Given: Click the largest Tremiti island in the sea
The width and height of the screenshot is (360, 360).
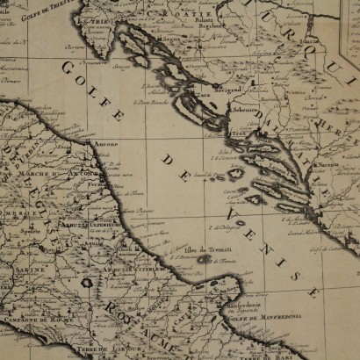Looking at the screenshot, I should [x=204, y=260].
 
